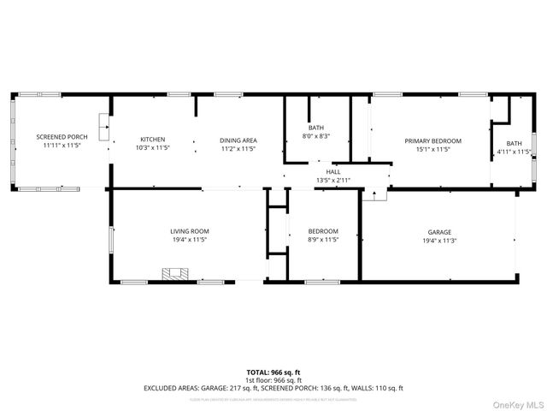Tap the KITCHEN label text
[153, 140]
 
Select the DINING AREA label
[238, 140]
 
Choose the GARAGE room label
[439, 232]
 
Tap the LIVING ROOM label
[189, 231]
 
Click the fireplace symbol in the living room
[176, 274]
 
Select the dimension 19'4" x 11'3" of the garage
[439, 241]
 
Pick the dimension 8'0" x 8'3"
[316, 136]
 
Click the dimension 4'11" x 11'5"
[514, 152]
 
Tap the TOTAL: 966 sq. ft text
[273, 372]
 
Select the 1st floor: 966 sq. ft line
[273, 379]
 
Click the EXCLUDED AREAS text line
[273, 388]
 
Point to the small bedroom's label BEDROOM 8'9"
[323, 231]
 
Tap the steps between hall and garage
[373, 194]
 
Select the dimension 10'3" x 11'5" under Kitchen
[153, 148]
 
